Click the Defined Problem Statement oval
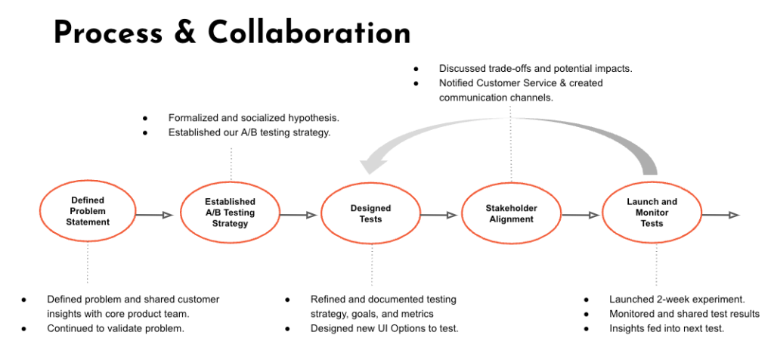[88, 212]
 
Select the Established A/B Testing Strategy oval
[230, 213]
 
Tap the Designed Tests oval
[370, 213]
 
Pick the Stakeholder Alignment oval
[511, 213]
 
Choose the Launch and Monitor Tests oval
[652, 213]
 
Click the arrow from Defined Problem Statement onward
[155, 216]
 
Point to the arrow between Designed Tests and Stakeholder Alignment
[438, 216]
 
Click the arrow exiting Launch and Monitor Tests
[720, 216]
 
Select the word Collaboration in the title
[309, 33]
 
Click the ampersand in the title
[188, 33]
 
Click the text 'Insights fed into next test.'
[667, 328]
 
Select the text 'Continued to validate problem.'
[116, 328]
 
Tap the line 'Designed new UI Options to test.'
[385, 328]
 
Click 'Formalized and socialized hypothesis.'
[254, 118]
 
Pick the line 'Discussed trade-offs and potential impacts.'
[536, 68]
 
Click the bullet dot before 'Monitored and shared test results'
[587, 314]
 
